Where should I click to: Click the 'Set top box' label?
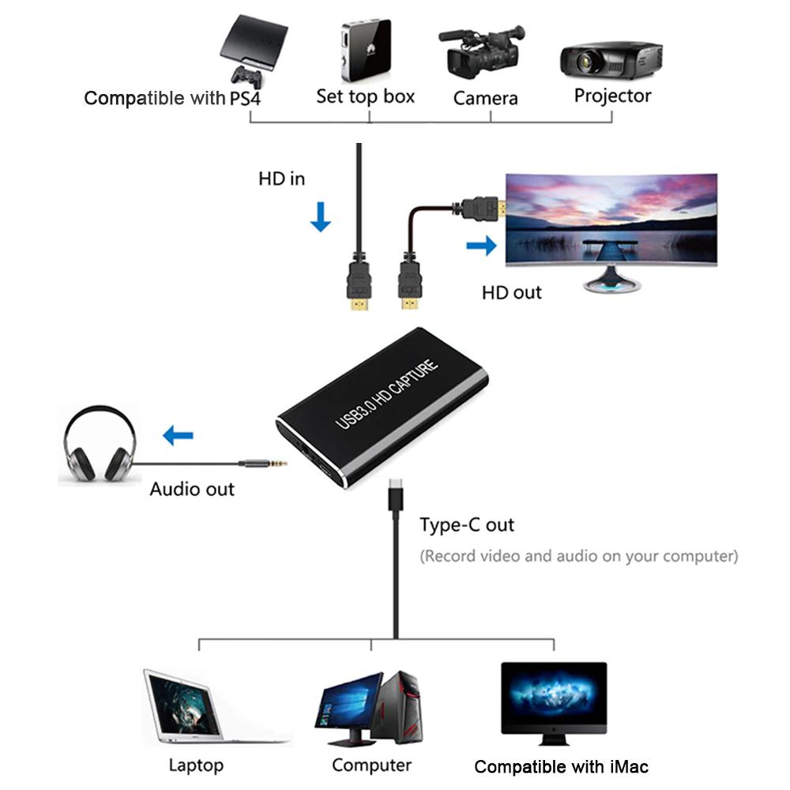(365, 96)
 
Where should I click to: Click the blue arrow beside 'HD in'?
(320, 216)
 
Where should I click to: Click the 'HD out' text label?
(512, 292)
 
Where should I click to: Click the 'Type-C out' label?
(467, 525)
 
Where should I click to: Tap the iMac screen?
(554, 694)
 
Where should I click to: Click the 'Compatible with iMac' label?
(561, 766)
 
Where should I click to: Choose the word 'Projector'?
(612, 96)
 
